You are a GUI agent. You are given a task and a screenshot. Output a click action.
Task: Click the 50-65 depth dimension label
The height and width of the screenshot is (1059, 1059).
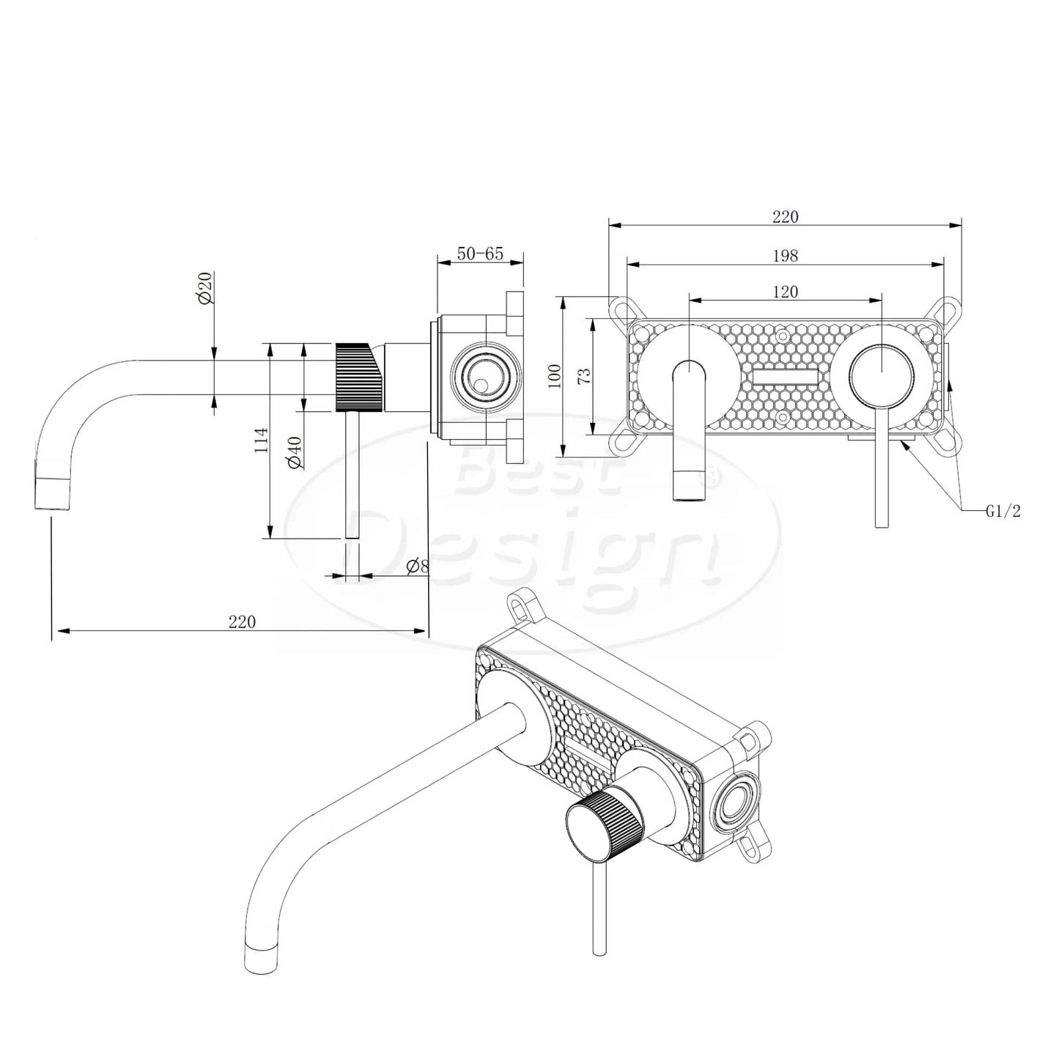coord(480,254)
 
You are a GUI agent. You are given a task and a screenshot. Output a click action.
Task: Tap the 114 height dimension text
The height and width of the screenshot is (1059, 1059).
coord(261,440)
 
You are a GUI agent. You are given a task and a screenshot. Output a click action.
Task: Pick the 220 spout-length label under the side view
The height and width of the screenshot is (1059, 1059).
coord(242,621)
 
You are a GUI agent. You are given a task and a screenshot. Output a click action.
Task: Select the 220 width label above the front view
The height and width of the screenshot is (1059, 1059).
coord(785,217)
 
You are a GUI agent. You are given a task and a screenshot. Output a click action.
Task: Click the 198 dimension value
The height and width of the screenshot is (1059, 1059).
coord(785,256)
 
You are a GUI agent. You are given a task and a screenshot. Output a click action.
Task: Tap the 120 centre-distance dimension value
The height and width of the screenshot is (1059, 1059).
coord(785,292)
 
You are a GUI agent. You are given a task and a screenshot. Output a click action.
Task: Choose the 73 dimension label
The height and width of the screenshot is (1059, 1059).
coord(584,376)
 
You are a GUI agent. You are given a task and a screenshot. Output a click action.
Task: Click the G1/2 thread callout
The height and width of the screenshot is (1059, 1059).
coord(1002,512)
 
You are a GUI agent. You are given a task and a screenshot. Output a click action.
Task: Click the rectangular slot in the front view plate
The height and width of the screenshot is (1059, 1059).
coord(785,378)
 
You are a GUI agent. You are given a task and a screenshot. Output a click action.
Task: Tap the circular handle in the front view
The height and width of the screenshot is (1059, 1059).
coord(882,375)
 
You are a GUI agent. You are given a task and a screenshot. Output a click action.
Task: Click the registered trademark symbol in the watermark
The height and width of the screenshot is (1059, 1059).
coord(709,477)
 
